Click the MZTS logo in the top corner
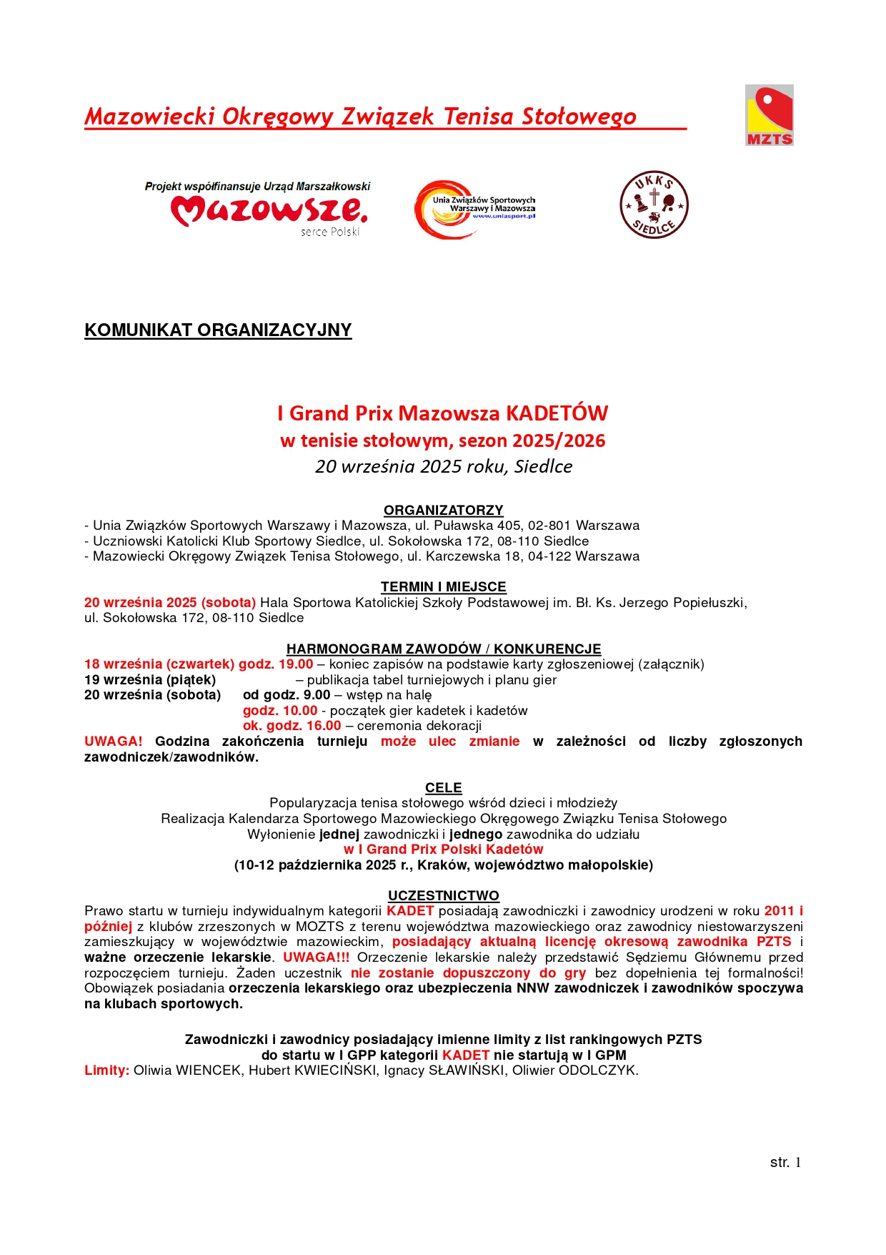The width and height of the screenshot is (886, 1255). pos(769,115)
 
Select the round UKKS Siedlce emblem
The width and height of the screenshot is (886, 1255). pos(653,205)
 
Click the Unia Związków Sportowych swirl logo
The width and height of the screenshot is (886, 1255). pos(474,209)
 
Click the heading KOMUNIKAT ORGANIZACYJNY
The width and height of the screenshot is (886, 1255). pos(218,330)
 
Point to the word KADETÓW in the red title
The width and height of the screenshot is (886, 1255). pos(557,413)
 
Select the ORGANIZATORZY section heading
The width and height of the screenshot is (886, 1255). pos(443,510)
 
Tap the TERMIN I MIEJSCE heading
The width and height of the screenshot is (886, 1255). pos(443,586)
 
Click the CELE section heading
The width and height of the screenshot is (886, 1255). pos(443,787)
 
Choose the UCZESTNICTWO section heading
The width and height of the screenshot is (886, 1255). pos(443,895)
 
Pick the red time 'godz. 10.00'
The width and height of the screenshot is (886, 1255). pos(280,711)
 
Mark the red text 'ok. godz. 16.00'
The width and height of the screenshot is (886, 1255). pos(292,726)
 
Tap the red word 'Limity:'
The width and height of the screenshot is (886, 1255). pos(106,1071)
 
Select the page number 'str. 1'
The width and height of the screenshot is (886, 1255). pos(785,1162)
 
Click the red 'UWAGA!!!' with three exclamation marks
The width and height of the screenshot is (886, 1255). pos(316,958)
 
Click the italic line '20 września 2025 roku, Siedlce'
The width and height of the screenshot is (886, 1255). pos(443,466)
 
